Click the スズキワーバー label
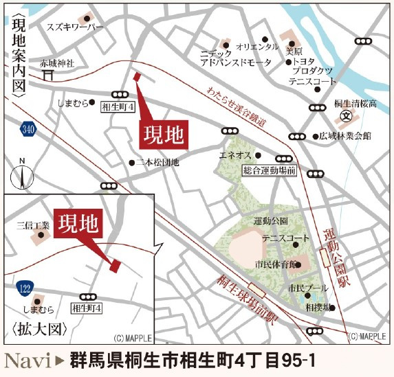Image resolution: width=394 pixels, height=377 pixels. click(74, 27)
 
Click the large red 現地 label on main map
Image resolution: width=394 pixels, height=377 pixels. click(163, 135)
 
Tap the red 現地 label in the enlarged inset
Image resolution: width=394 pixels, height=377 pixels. click(79, 224)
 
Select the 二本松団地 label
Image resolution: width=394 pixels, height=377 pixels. click(157, 163)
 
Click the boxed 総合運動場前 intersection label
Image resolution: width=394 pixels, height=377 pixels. click(269, 170)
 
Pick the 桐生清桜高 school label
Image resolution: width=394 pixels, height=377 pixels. click(355, 104)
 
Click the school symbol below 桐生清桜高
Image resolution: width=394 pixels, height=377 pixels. click(347, 115)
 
